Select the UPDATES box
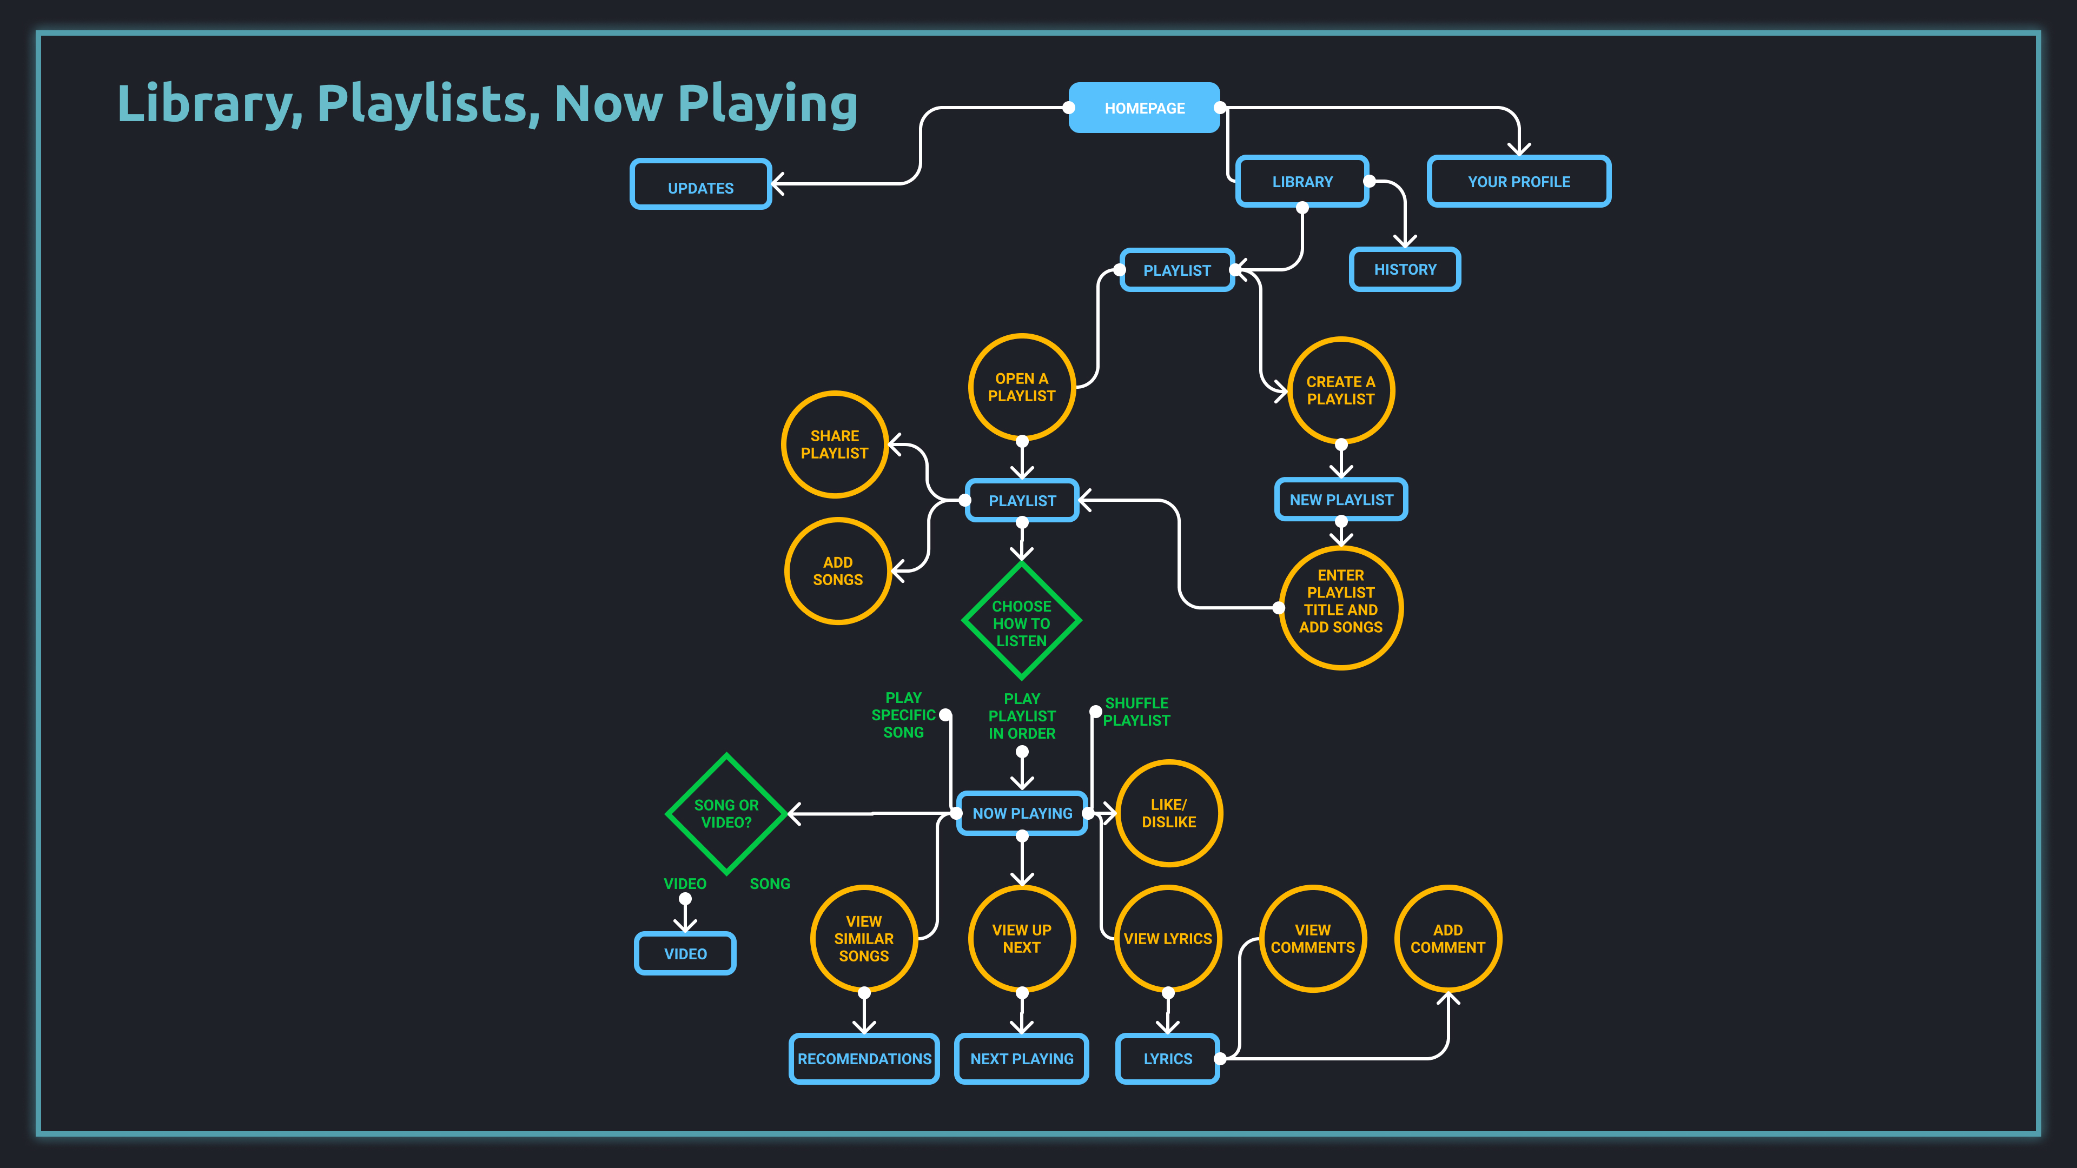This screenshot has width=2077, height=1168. coord(700,184)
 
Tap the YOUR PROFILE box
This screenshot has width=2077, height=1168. coord(1518,181)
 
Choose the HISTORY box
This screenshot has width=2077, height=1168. coord(1405,269)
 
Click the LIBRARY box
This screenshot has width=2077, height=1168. coord(1302,181)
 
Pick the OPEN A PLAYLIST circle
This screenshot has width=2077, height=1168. coord(1022,387)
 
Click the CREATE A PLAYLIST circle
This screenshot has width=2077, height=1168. coord(1341,390)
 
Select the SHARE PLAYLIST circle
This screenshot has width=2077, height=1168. coord(835,444)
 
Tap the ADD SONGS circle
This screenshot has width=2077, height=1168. coord(838,570)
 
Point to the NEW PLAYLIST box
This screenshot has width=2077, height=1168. coord(1341,500)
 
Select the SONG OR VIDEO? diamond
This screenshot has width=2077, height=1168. coord(726,813)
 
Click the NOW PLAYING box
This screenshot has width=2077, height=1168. coord(1022,813)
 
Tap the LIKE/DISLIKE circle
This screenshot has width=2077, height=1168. coord(1168,813)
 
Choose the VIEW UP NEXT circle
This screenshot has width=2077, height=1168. coord(1022,938)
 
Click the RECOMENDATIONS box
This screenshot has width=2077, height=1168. coord(864,1058)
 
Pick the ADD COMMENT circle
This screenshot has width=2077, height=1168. coord(1447,938)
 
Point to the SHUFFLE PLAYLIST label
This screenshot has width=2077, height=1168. coord(1136,712)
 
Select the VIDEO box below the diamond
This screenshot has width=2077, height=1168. coord(685,953)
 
